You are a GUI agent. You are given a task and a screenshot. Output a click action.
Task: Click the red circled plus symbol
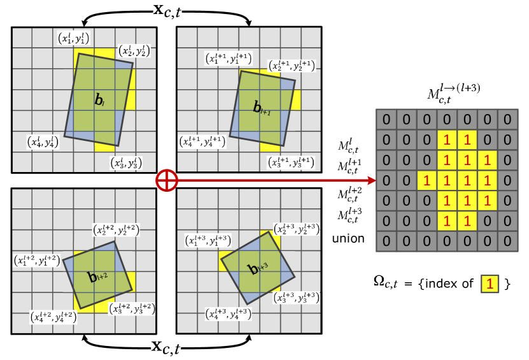point(167,180)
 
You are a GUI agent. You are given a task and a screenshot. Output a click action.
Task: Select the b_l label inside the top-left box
point(99,100)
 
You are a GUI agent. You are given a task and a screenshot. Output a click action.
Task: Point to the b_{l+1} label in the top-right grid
point(262,109)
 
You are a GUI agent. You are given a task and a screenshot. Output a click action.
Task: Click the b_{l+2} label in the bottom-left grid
point(98,277)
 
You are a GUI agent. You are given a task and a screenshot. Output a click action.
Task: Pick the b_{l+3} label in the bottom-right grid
point(258,269)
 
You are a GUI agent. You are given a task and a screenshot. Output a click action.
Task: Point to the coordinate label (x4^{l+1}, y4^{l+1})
point(202,141)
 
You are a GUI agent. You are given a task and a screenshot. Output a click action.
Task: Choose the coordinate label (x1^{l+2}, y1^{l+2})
point(38,260)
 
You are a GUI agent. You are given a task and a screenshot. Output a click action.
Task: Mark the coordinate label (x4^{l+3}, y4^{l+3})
point(228,313)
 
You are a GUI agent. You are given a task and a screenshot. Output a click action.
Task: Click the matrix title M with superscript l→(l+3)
point(453,93)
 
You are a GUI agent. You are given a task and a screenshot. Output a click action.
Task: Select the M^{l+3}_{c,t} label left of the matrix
point(351,215)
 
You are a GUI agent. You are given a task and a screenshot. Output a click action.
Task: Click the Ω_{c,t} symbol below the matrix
point(385,282)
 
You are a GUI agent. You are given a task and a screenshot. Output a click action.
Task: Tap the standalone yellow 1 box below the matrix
point(490,284)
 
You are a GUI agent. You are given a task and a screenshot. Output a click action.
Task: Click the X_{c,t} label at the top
point(167,11)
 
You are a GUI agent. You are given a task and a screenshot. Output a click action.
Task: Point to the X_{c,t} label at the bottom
point(166,347)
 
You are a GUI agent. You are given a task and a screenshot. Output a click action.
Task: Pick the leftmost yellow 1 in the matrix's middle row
point(426,181)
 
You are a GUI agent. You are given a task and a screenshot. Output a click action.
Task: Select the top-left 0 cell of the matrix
point(385,120)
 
